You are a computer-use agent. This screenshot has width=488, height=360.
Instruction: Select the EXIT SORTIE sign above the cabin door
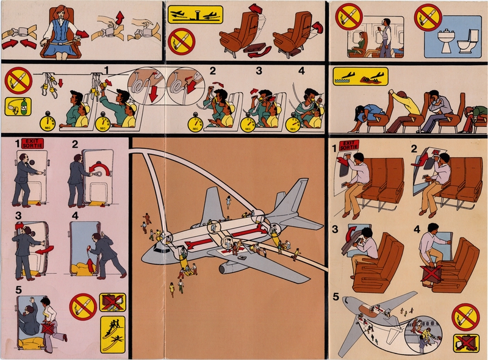[30, 144]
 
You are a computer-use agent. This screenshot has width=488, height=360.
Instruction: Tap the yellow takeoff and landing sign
[195, 13]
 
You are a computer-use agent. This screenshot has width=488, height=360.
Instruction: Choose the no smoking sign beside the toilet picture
[428, 16]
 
